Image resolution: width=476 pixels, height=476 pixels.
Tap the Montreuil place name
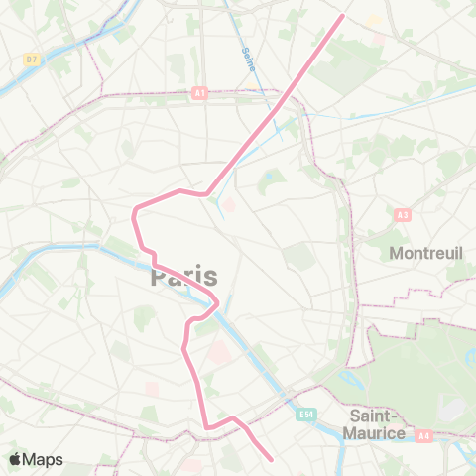pos(426,253)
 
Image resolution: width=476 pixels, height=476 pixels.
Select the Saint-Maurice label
pos(375,424)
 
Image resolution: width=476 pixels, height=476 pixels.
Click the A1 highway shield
pos(199,93)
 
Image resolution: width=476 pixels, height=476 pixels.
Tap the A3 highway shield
pos(402,214)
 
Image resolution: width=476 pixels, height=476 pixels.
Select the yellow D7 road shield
pos(32,60)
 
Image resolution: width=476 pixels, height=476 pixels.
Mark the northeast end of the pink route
pos(342,15)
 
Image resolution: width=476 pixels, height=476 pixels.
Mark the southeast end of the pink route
pos(272,458)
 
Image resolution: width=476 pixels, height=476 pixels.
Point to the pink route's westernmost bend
pos(134,210)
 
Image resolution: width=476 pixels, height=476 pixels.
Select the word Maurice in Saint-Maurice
pos(378,433)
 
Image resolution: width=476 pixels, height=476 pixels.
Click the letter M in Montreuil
pos(398,253)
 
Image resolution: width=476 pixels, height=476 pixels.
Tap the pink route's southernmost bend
pos(207,428)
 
